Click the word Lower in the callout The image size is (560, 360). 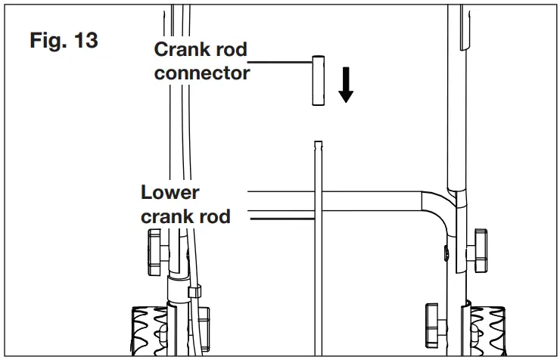tap(170, 192)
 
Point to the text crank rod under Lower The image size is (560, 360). tap(186, 216)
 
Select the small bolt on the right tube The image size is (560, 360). tap(447, 253)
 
